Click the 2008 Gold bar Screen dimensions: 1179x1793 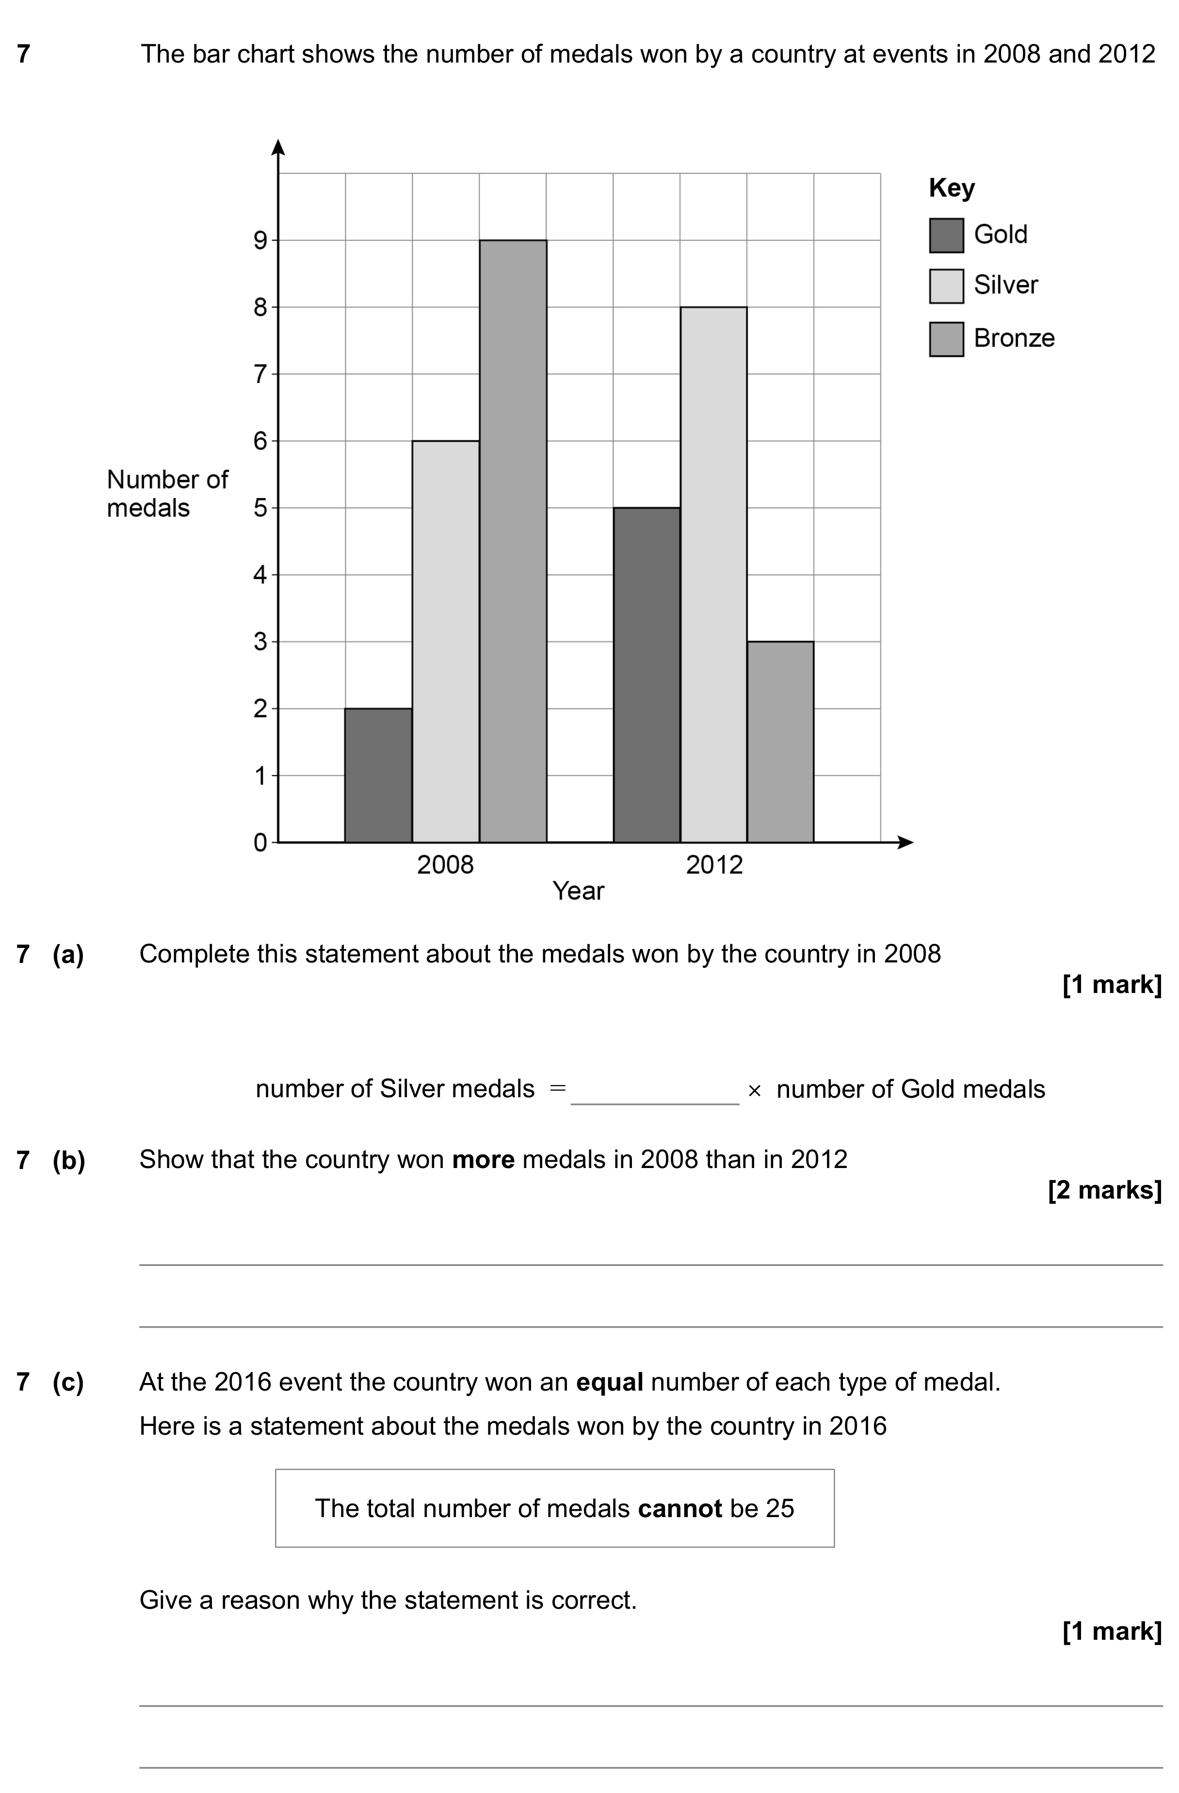[x=378, y=775]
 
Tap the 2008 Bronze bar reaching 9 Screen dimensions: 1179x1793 [x=513, y=541]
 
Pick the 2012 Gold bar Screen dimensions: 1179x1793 [x=646, y=675]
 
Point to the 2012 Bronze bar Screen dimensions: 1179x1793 [x=780, y=742]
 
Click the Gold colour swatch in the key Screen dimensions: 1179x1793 [x=946, y=235]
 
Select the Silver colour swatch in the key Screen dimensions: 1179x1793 [x=946, y=286]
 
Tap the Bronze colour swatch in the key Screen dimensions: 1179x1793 [x=946, y=339]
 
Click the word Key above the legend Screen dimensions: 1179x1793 [x=952, y=188]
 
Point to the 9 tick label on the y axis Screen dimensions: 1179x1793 [x=260, y=240]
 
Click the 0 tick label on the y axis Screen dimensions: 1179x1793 [x=260, y=842]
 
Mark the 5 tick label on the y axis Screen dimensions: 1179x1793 [x=260, y=508]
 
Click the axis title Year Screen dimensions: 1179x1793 [x=579, y=891]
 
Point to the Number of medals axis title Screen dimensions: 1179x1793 [x=167, y=494]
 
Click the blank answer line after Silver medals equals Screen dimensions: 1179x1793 [x=655, y=1104]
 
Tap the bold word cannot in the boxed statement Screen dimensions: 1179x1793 [x=679, y=1508]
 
